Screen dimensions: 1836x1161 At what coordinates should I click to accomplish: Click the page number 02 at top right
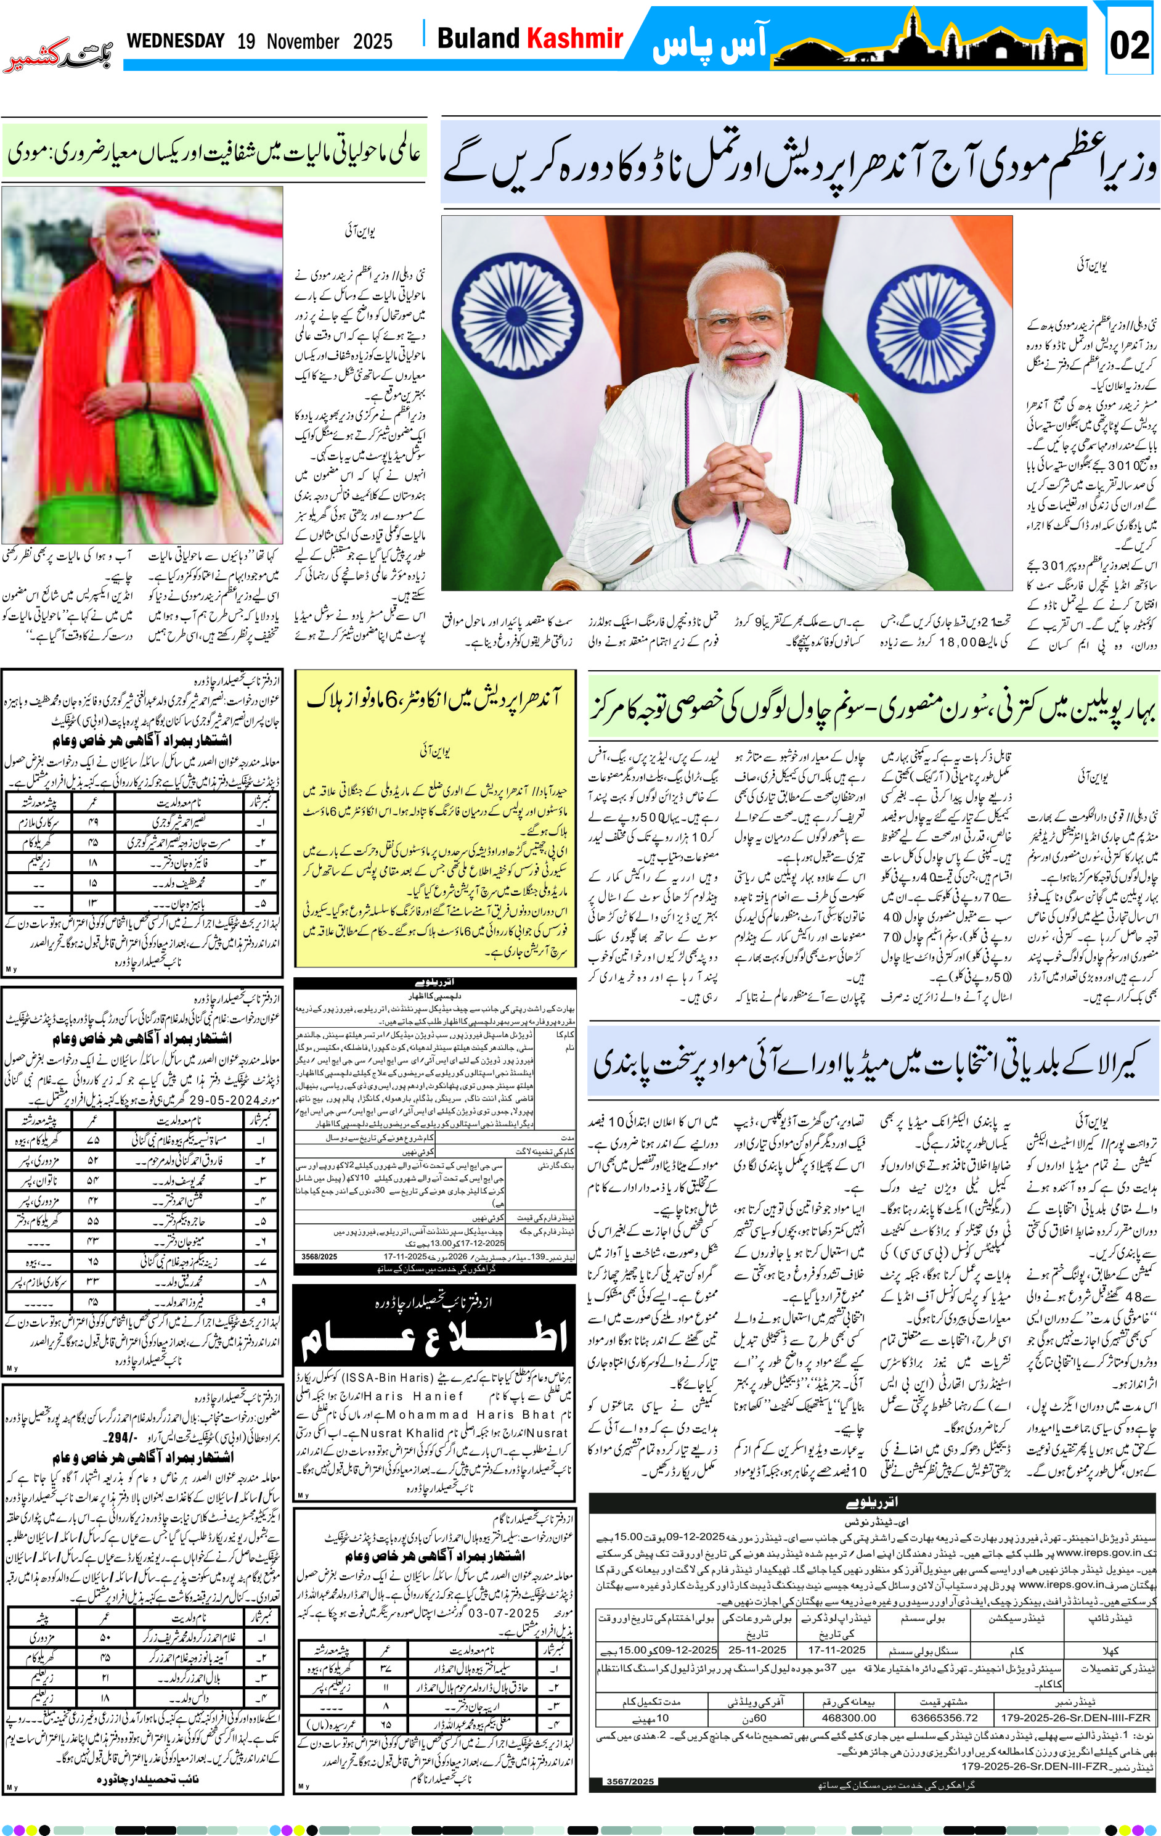pos(1129,45)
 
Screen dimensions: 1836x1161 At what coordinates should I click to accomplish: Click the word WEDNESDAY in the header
pos(176,41)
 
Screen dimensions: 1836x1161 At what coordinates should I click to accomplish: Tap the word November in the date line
pos(303,41)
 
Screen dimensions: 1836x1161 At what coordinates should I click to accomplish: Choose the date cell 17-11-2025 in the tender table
pos(836,1649)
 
